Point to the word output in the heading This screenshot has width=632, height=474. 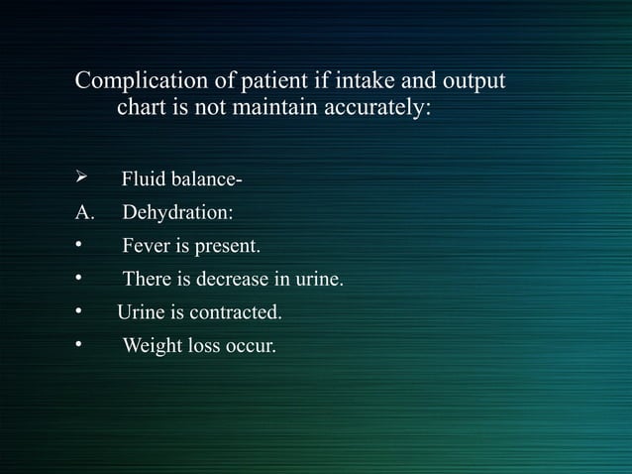(x=474, y=79)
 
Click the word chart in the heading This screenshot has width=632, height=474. (x=142, y=106)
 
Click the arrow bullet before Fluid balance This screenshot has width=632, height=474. (x=82, y=179)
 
